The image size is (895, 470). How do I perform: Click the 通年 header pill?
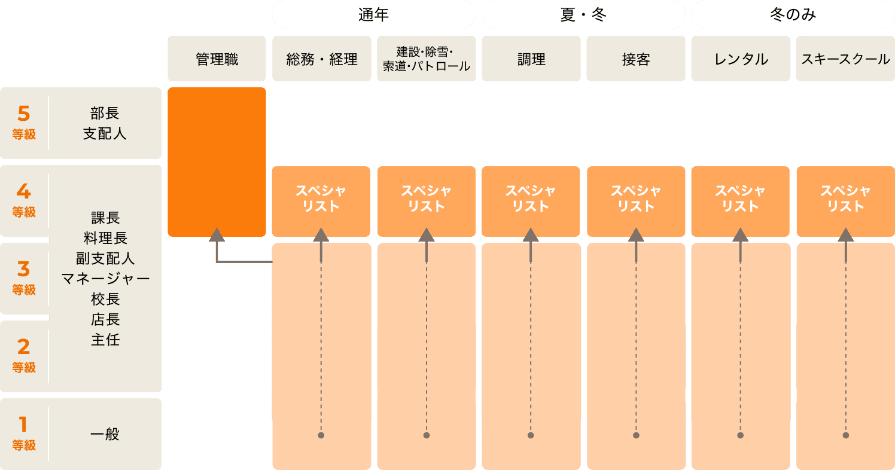pos(373,15)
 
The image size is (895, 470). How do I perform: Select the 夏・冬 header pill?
pos(583,15)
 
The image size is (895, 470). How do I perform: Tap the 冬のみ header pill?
pos(793,15)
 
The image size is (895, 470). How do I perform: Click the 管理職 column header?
pos(217,59)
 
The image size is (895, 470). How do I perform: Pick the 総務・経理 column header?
pos(322,59)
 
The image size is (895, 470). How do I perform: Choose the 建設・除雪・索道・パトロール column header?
pos(427,59)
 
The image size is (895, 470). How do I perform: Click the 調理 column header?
pos(531,59)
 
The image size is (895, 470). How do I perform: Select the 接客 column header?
pos(636,59)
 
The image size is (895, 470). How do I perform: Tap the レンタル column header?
pos(741,59)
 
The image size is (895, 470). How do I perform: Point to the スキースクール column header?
pos(845,59)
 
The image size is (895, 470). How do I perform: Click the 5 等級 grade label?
pos(24,123)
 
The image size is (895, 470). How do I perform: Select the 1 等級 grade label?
pos(24,434)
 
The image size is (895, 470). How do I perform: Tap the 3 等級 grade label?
pos(24,278)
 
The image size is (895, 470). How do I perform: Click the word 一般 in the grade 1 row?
pos(105,434)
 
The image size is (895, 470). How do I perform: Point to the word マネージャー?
pos(105,279)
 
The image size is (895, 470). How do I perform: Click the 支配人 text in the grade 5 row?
pos(105,133)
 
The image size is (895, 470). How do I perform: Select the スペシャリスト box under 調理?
pos(531,199)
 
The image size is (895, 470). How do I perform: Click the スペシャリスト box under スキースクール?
pos(845,199)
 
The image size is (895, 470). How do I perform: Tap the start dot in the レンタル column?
pos(741,435)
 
